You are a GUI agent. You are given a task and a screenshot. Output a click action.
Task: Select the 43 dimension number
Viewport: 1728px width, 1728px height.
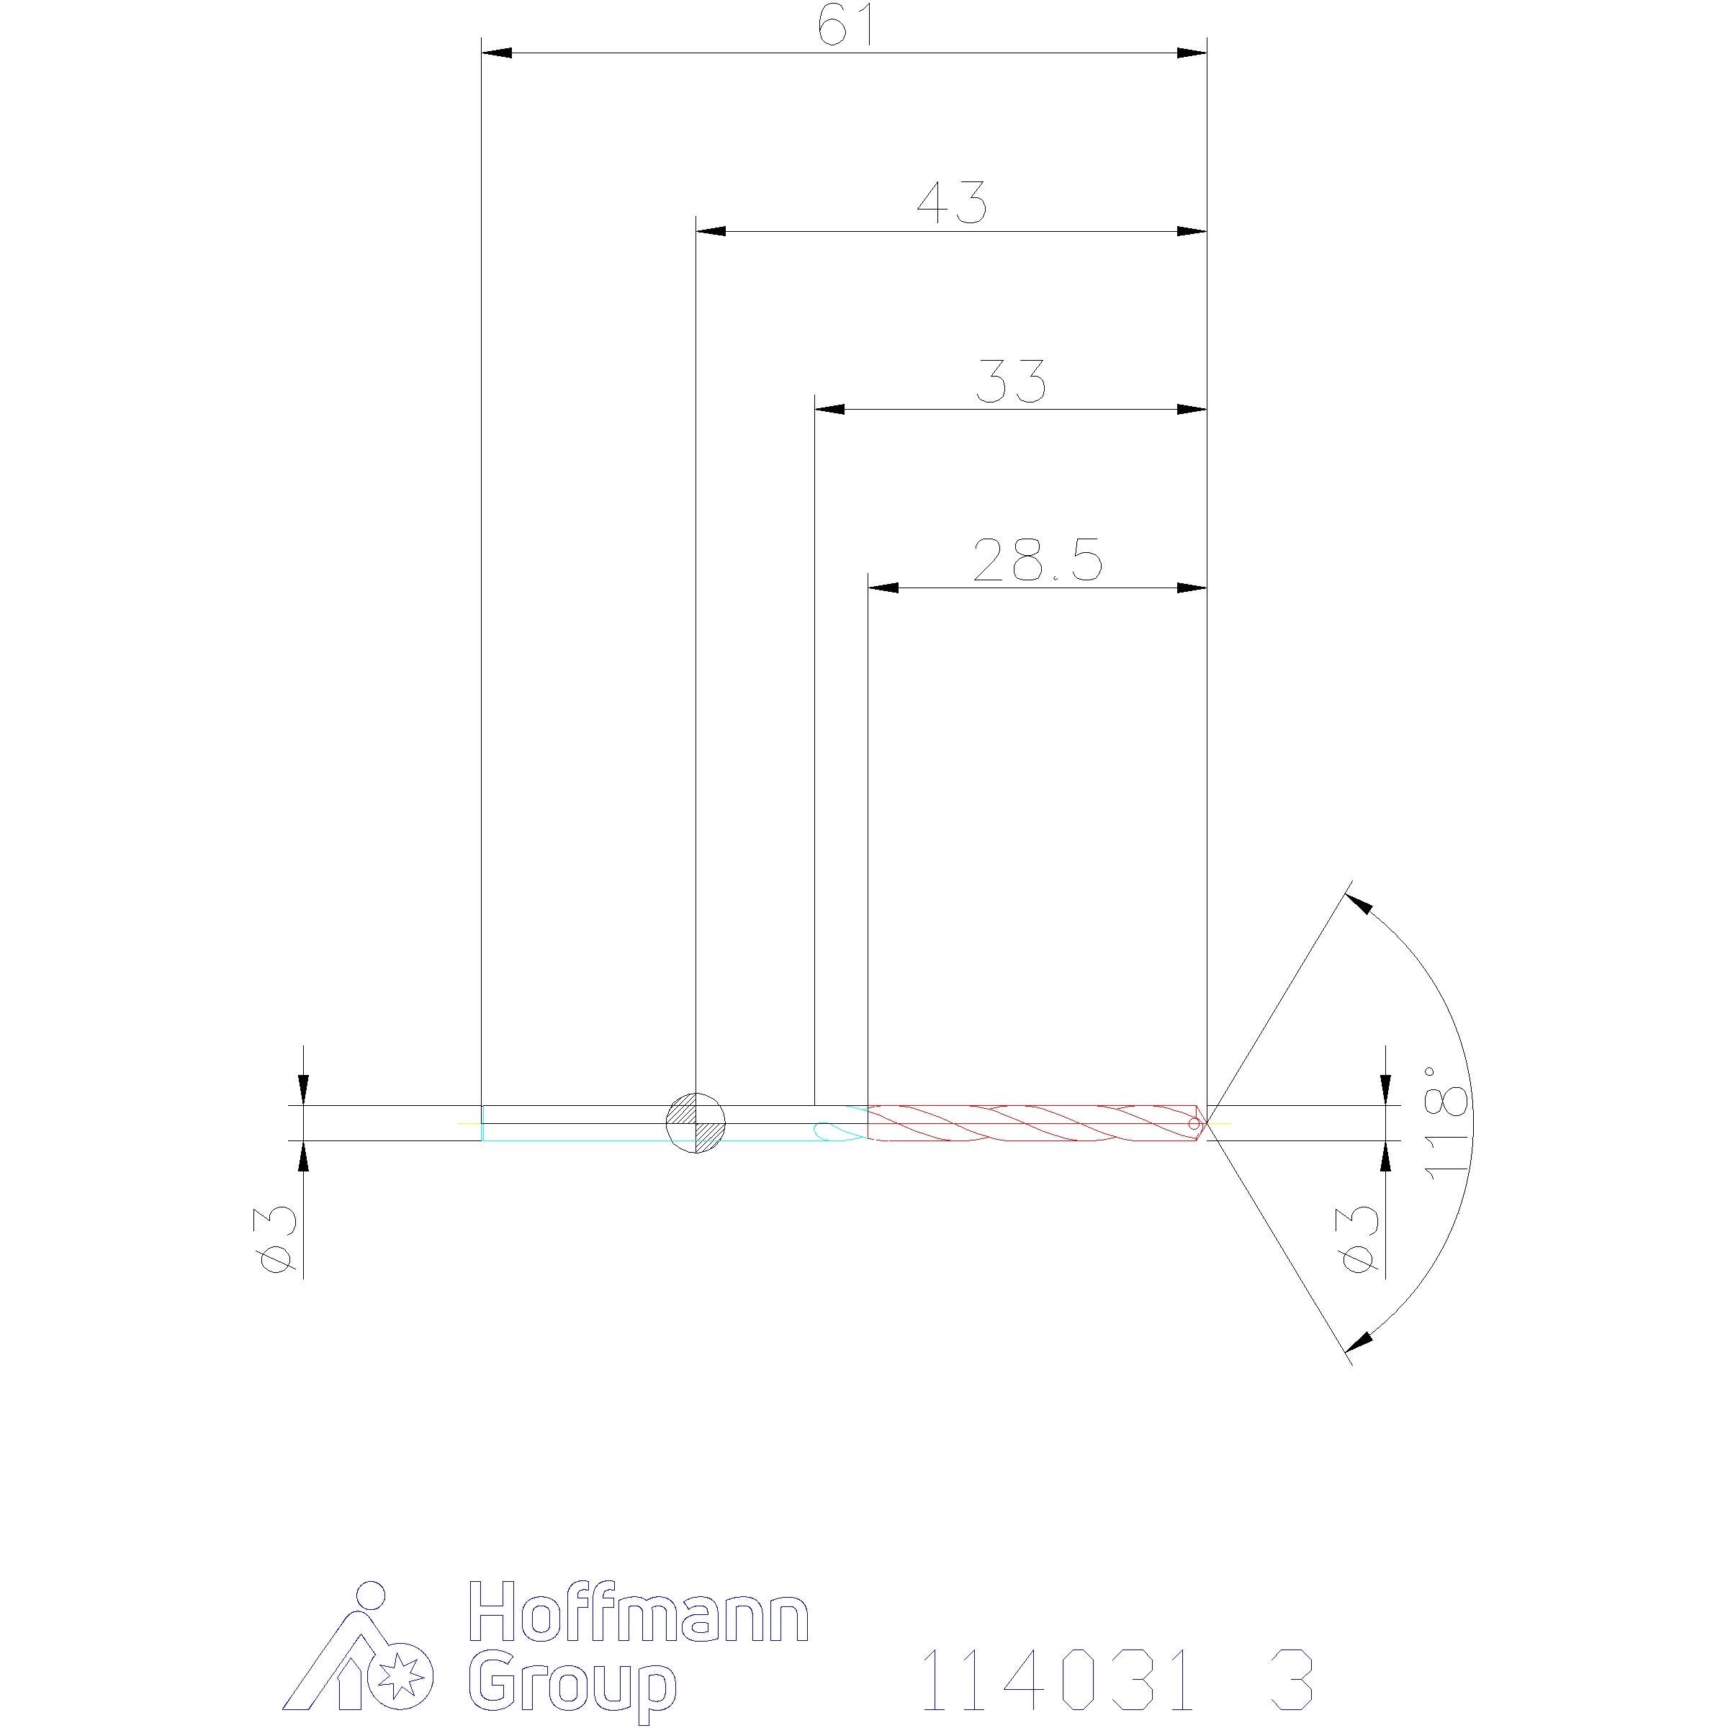pyautogui.click(x=952, y=203)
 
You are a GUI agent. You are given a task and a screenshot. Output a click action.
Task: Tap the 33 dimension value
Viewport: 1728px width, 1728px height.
pyautogui.click(x=1011, y=381)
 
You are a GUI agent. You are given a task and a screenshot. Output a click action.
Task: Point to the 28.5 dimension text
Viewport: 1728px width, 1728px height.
pyautogui.click(x=1038, y=560)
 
